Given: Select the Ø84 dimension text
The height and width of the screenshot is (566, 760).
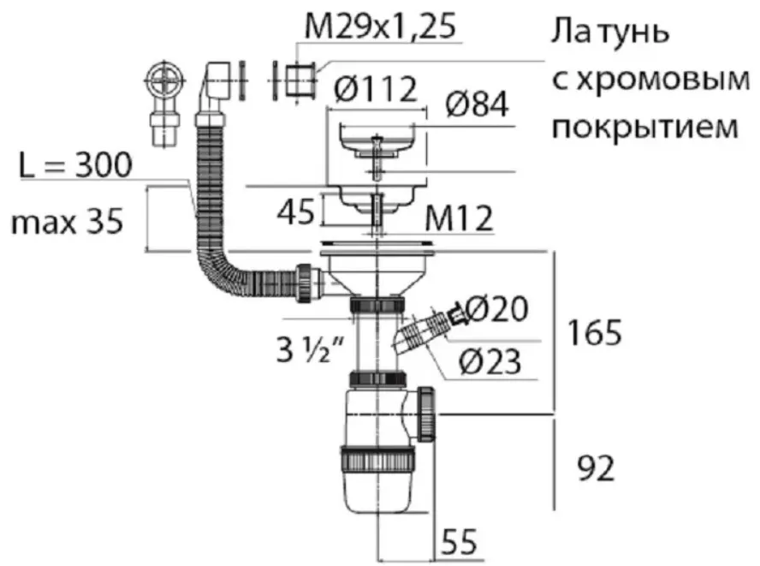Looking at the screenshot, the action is coord(478,104).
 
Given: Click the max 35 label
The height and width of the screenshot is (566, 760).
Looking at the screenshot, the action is coord(67,223).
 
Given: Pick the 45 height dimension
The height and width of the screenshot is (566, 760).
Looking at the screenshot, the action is coord(295,211).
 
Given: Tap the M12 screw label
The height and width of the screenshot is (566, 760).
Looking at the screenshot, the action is coord(459,217).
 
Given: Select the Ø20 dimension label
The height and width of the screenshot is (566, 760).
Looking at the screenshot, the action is coord(496,308).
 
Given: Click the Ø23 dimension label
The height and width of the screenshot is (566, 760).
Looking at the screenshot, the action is coord(490,360).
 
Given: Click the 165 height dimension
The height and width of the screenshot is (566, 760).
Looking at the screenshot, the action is coord(594,332).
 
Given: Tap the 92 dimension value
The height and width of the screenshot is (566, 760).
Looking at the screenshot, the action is coord(596,468).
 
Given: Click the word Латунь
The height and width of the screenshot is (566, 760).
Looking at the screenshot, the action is coord(609,31).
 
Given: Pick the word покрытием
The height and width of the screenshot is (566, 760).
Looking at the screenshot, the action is coord(645,127).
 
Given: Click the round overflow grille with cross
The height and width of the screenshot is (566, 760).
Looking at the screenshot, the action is coord(165,79).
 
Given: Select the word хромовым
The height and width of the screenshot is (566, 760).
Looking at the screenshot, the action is coord(650,80).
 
